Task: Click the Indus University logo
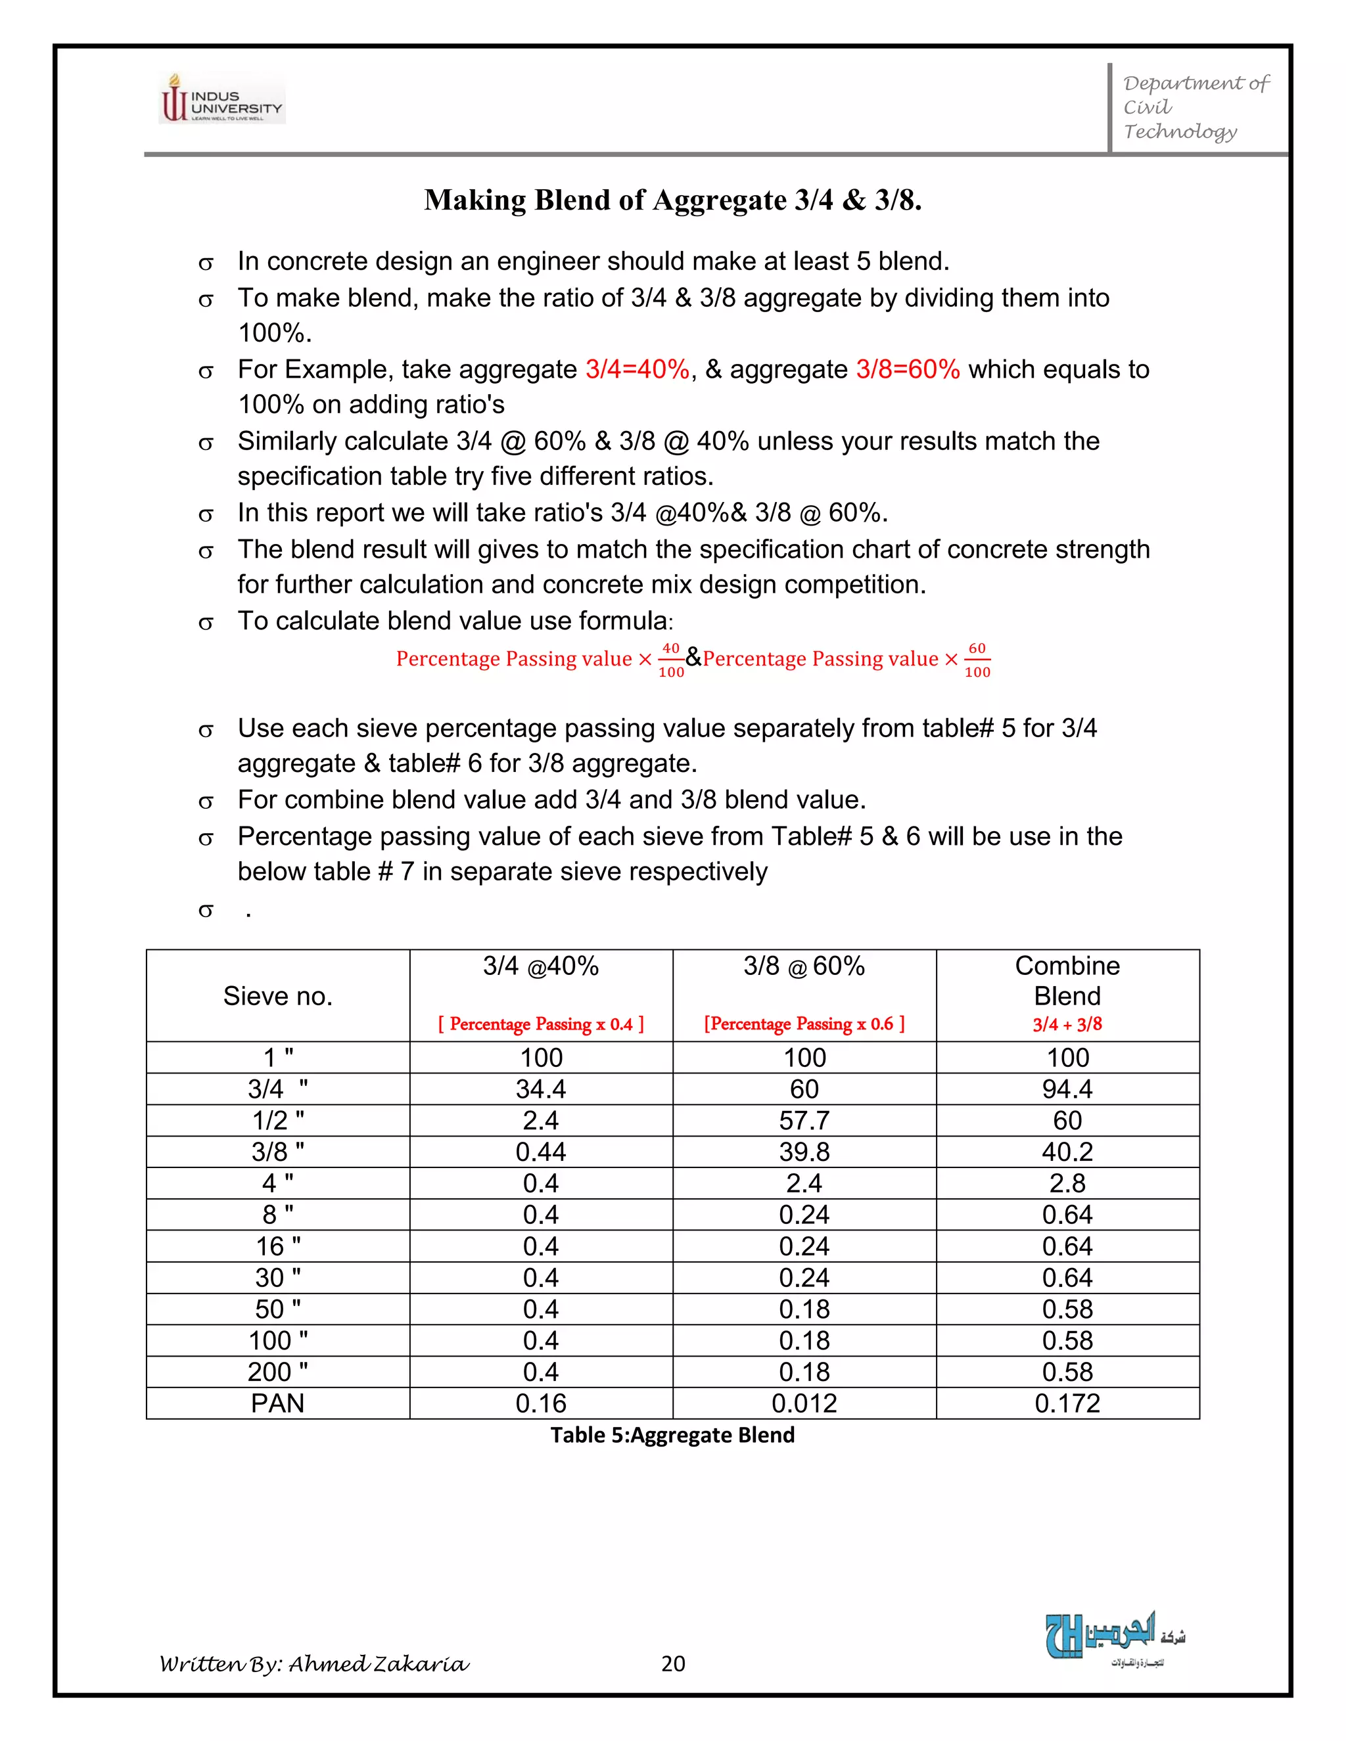click(221, 99)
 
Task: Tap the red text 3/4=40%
click(637, 369)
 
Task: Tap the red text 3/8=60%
click(908, 369)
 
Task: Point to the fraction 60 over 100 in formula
click(977, 660)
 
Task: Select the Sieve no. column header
click(277, 995)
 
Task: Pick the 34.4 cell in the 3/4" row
click(541, 1089)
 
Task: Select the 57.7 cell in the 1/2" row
click(804, 1121)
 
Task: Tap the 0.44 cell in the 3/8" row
click(541, 1152)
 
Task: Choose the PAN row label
click(277, 1404)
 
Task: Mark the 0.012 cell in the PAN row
click(804, 1404)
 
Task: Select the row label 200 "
click(277, 1372)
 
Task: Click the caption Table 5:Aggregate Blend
click(672, 1435)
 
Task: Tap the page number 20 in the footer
click(673, 1663)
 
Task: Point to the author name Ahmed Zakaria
click(378, 1663)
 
